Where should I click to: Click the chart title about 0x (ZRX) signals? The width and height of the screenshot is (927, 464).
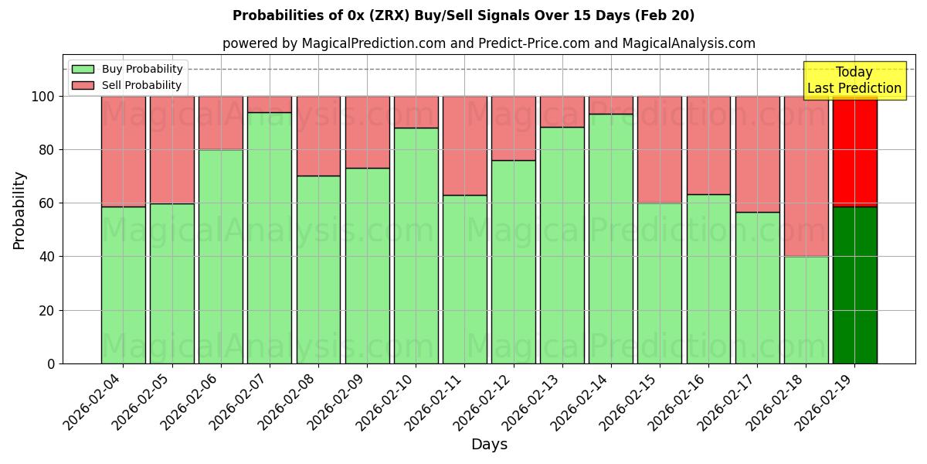click(x=463, y=15)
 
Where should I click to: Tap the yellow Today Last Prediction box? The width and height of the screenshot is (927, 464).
click(x=854, y=80)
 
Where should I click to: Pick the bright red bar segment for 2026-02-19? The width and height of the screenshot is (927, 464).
click(x=854, y=152)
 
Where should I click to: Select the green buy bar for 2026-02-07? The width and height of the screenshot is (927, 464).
click(x=270, y=237)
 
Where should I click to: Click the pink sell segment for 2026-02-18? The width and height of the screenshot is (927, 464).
click(x=806, y=176)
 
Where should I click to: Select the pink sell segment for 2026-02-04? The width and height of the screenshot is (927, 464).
click(x=123, y=152)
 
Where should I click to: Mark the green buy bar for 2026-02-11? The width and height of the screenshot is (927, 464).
click(x=464, y=279)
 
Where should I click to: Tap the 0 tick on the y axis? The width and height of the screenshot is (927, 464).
click(x=51, y=363)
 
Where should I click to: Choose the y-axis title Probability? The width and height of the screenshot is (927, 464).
click(x=19, y=210)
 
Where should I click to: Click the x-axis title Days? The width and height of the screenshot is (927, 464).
click(x=489, y=445)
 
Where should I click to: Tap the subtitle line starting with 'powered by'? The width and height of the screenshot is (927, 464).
click(x=488, y=43)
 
